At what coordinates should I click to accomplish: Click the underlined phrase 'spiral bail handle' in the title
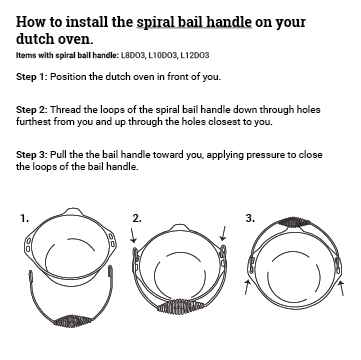[194, 22]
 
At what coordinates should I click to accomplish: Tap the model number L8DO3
[133, 55]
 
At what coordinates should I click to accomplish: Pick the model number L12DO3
[195, 55]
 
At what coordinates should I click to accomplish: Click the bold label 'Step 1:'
[32, 77]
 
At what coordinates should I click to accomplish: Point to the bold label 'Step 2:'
[32, 110]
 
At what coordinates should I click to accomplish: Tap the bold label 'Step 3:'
[32, 155]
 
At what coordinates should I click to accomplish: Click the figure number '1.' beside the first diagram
[24, 219]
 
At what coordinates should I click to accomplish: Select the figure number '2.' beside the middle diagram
[137, 218]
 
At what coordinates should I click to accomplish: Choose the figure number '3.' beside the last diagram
[250, 218]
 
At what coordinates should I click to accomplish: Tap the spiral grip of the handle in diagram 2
[180, 306]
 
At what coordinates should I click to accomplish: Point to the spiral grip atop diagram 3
[294, 222]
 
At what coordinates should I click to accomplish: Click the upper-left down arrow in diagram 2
[133, 235]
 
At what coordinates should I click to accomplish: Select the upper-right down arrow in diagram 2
[224, 233]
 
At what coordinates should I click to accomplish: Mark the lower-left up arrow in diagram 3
[247, 287]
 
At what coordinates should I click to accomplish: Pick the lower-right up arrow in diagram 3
[341, 288]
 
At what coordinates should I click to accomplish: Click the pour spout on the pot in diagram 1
[72, 212]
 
